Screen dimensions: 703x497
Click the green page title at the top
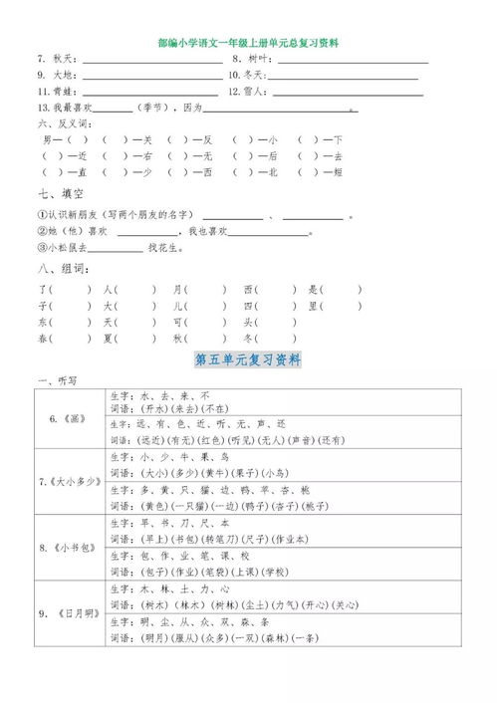pyautogui.click(x=249, y=43)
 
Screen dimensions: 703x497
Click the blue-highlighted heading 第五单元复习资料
pyautogui.click(x=249, y=358)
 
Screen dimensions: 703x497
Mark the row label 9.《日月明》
pyautogui.click(x=69, y=613)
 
